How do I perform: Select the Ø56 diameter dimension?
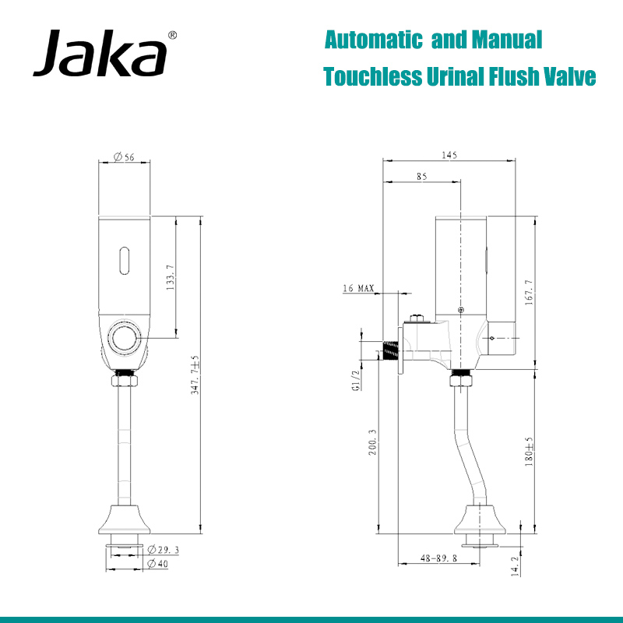tap(124, 157)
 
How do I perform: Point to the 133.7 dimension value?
tap(171, 277)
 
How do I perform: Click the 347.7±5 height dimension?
tap(195, 375)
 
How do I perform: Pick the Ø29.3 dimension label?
tap(163, 550)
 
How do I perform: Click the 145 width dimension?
tap(449, 156)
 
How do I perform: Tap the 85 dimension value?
tap(421, 177)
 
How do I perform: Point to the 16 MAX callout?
tap(358, 289)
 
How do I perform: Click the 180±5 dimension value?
tap(530, 452)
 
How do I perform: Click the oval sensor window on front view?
tap(124, 260)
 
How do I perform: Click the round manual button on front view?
tap(124, 338)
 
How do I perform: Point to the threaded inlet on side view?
tap(389, 350)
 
